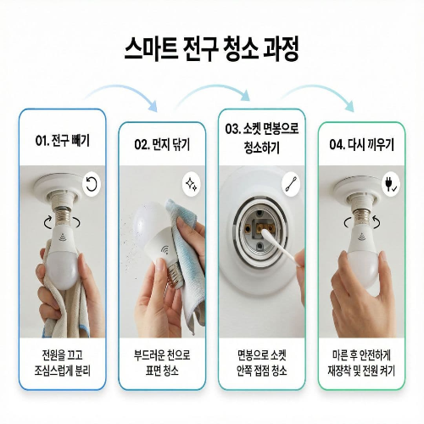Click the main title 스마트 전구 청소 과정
pos(212,47)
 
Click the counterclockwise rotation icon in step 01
pos(91,182)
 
